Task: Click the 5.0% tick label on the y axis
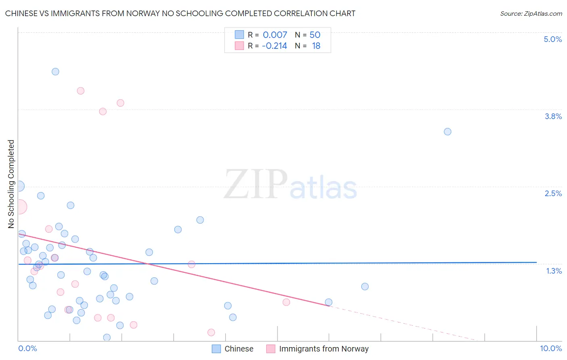(552, 39)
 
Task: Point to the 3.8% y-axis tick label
(553, 116)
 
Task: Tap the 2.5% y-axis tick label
(553, 193)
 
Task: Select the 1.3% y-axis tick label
(554, 271)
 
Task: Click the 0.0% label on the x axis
(27, 348)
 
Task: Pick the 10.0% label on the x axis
(550, 348)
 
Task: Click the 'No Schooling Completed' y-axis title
(11, 184)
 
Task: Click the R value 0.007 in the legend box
(275, 35)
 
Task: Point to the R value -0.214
(274, 46)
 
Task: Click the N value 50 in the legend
(315, 35)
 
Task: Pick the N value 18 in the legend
(316, 46)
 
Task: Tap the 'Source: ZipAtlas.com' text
(531, 13)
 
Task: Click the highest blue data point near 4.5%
(55, 72)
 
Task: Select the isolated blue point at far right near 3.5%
(447, 132)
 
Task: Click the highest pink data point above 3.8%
(81, 91)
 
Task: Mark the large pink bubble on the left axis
(19, 207)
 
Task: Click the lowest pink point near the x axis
(211, 333)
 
